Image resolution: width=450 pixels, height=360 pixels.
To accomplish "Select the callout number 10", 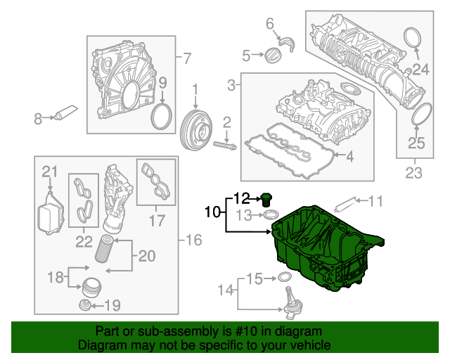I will click(x=212, y=210).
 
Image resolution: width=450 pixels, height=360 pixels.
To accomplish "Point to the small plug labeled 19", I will click(x=86, y=304).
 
